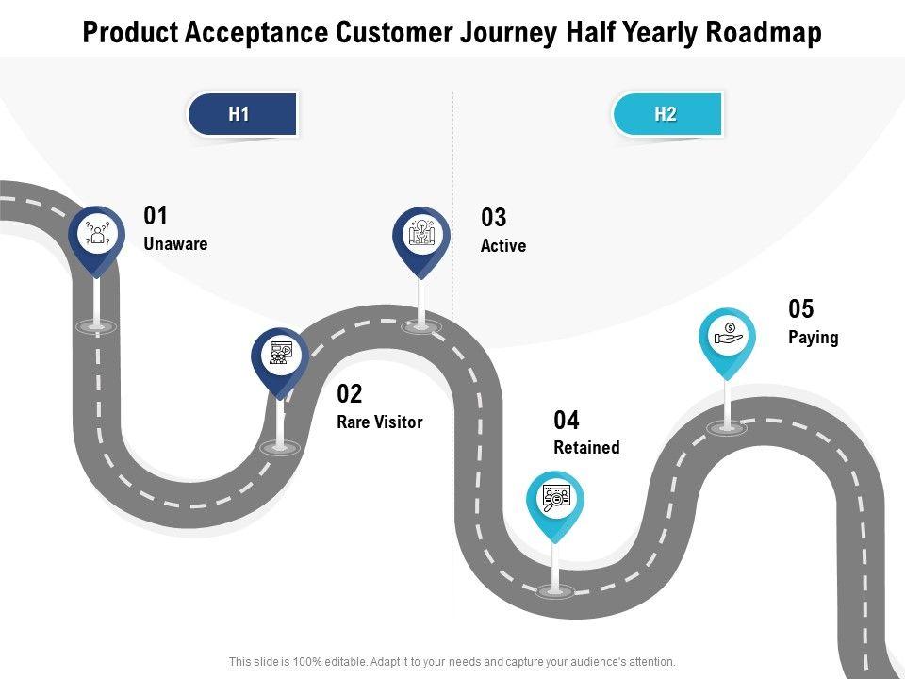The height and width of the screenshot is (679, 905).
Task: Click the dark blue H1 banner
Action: pos(242,115)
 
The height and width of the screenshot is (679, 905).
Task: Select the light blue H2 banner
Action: pos(667,115)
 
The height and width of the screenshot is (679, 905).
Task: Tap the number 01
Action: pos(156,216)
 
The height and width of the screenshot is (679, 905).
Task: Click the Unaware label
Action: pos(175,243)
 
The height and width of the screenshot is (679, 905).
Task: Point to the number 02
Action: pos(350,394)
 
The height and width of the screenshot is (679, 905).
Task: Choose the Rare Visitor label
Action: pos(379,422)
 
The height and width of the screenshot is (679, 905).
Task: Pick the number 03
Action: pos(494,219)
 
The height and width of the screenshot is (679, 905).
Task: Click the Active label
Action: pos(503,246)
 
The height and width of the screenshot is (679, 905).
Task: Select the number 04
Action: pos(567,421)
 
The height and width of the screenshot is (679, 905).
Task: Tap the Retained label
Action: pos(586,448)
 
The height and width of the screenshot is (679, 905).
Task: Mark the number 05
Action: pos(800,309)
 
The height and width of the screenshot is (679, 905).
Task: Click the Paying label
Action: pos(813,337)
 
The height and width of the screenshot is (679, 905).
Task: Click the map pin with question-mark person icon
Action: pos(97,233)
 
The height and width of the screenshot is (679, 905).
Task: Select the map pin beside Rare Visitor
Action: pos(280,356)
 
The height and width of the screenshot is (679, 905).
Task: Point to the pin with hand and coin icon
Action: pos(728,336)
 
